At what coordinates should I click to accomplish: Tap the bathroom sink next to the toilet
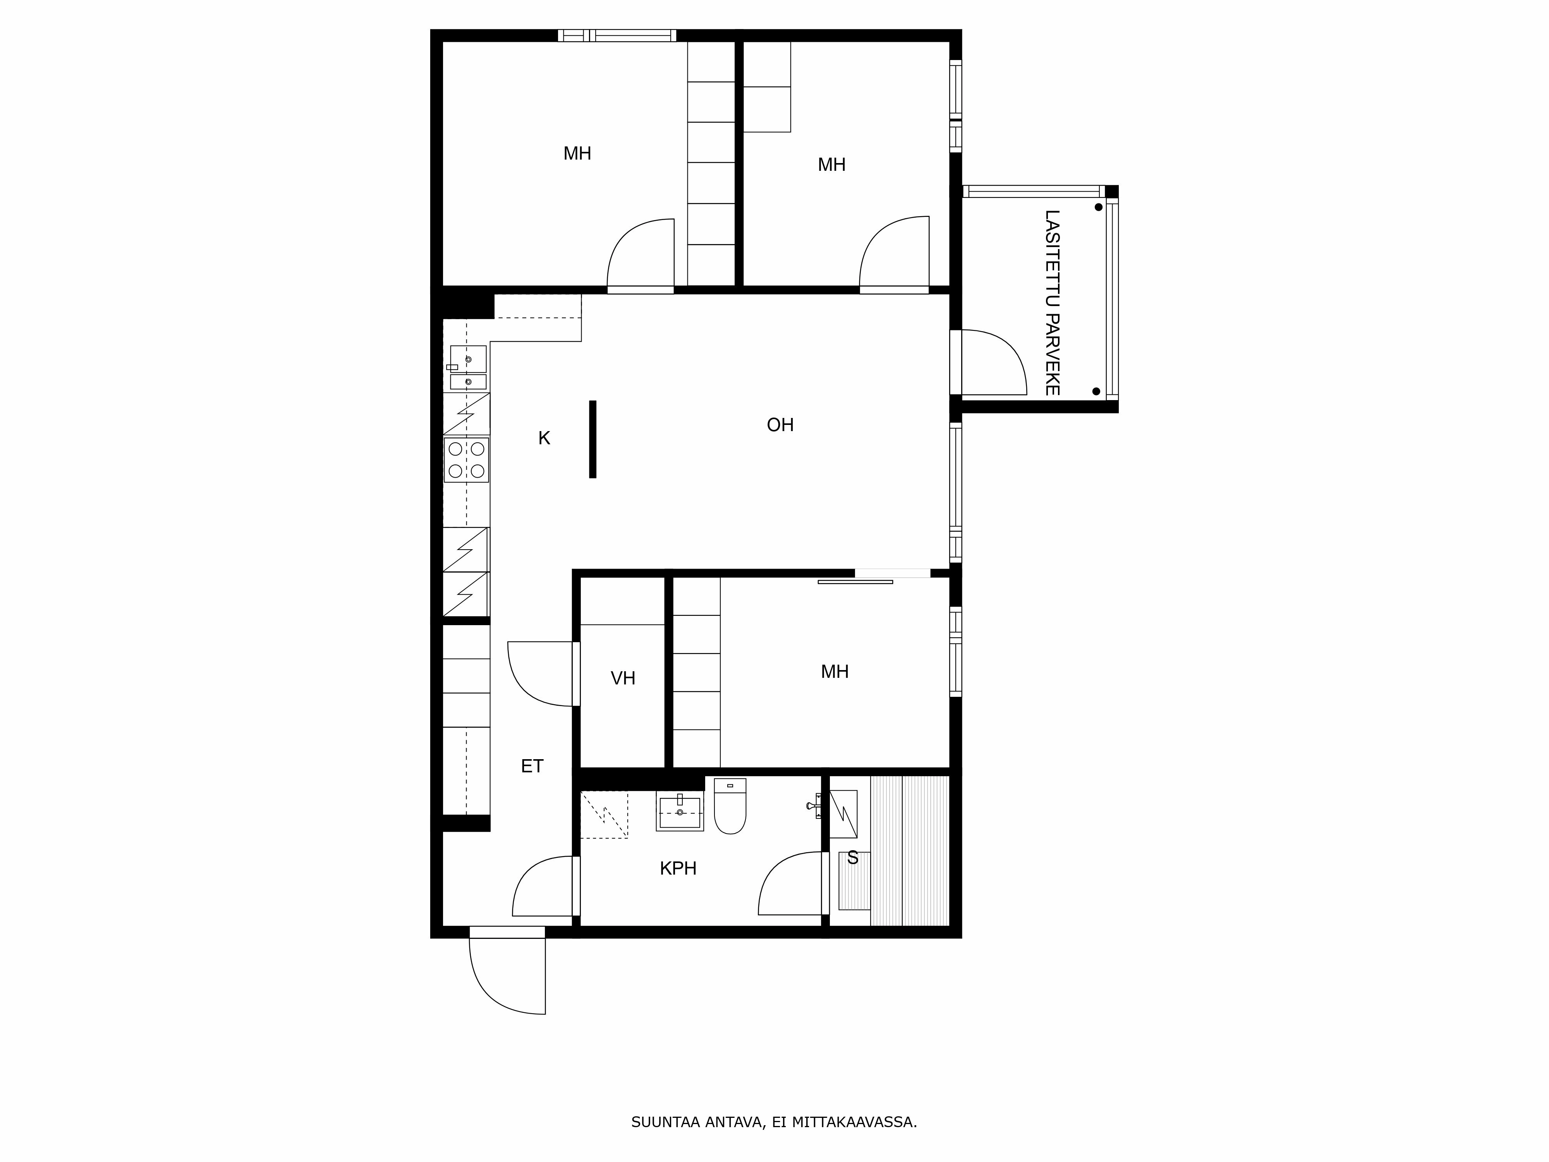[679, 813]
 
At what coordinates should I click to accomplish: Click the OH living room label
[780, 425]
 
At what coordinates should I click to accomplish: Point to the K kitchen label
[544, 438]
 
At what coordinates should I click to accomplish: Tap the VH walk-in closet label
[623, 678]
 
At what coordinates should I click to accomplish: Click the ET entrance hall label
[532, 766]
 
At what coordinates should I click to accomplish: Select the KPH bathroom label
[678, 868]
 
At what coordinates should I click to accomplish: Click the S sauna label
[852, 858]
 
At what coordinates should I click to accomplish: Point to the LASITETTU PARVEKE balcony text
[1052, 303]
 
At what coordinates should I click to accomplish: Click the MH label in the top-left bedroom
[577, 153]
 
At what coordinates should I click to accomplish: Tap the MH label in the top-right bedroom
[831, 165]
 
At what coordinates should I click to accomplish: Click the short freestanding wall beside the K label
[592, 439]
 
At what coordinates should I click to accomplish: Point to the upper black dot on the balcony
[1098, 207]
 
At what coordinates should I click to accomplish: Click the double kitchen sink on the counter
[468, 367]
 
